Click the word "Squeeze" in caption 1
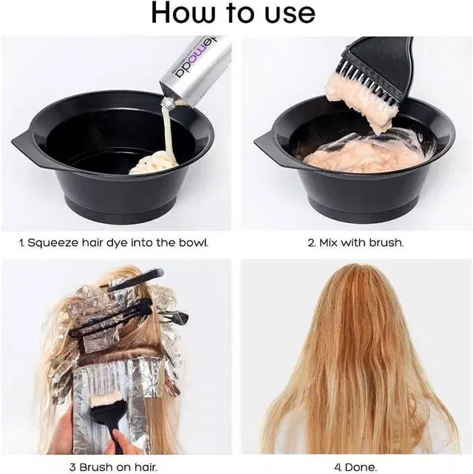coord(53,243)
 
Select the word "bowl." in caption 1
coord(194,242)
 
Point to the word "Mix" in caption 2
coord(328,242)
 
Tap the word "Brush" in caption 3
coord(94,467)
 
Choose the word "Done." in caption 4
coord(361,467)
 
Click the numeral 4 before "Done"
coord(338,467)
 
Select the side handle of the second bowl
coord(265,142)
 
